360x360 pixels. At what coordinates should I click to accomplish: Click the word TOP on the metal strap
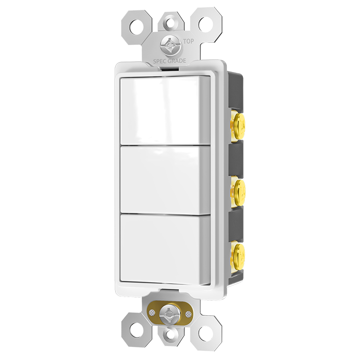[189, 41]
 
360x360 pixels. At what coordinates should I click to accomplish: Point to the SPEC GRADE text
[170, 61]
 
